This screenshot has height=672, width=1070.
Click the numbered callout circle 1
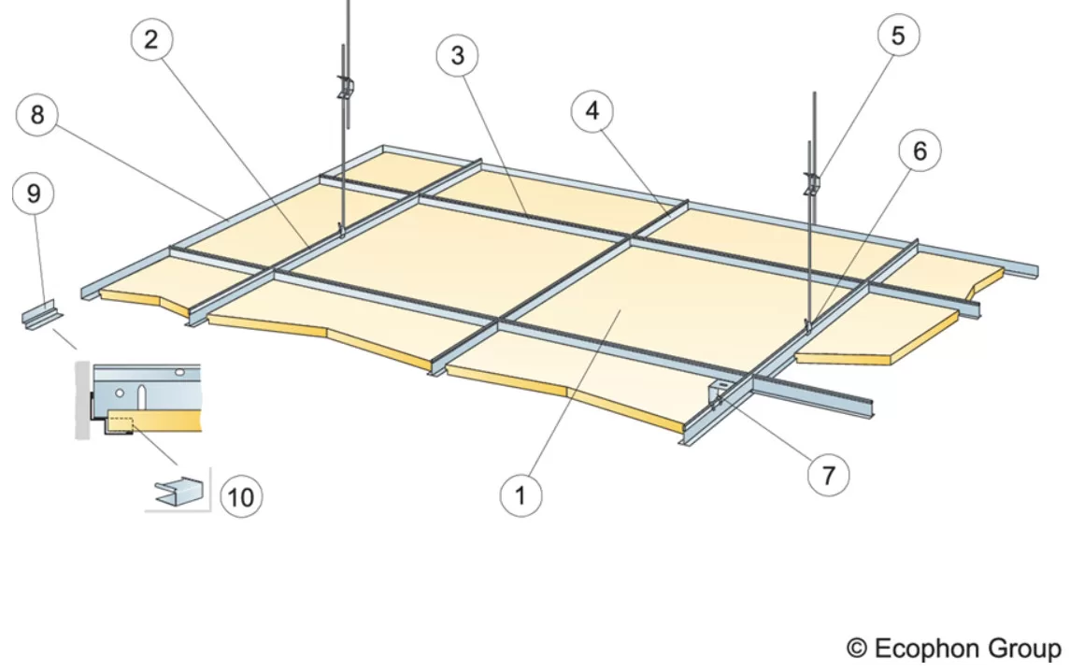[x=521, y=495]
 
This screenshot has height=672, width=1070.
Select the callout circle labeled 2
[x=150, y=39]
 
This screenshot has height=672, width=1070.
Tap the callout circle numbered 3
[x=457, y=55]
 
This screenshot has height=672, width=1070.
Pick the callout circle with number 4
[x=592, y=110]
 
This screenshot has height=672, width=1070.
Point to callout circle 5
[x=897, y=35]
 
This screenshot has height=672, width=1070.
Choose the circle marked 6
[x=920, y=150]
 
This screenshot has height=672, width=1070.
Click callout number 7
[x=828, y=475]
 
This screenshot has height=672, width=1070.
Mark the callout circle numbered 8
[x=36, y=114]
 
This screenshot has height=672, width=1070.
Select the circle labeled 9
[x=34, y=193]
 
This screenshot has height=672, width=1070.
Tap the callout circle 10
[x=240, y=496]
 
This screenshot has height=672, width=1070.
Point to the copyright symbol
[x=857, y=648]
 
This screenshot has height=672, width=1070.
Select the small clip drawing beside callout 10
[x=178, y=492]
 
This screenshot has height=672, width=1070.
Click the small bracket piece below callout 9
[x=42, y=315]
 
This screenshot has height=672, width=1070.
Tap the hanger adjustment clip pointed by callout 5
[x=812, y=184]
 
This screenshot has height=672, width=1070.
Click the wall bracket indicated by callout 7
[x=718, y=393]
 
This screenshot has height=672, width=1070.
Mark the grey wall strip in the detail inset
[x=82, y=400]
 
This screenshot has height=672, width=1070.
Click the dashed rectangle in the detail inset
[x=121, y=424]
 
